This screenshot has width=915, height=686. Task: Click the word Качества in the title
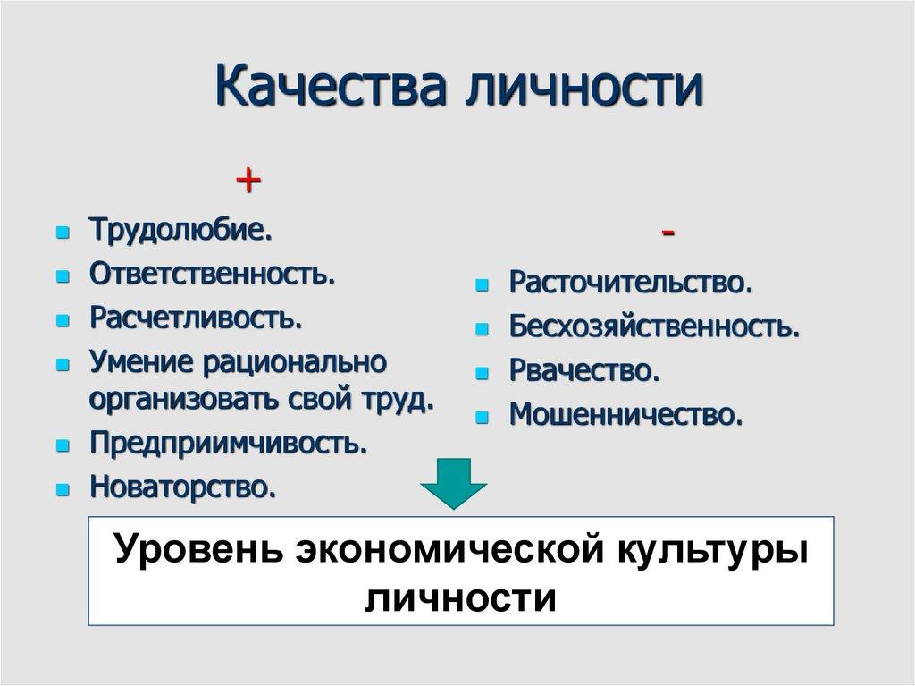pos(330,93)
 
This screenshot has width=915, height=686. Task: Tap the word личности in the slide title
pos(581,93)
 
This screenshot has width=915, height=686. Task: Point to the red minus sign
pos(668,233)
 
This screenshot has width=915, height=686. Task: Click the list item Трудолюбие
pos(180,230)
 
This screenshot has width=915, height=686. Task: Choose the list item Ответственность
pos(212,273)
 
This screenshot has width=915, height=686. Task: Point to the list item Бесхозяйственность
pos(654,326)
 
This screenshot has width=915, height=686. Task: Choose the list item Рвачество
pos(584,370)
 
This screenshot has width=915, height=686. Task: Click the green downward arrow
pos(454,484)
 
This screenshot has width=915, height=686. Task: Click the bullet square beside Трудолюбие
pos(62,232)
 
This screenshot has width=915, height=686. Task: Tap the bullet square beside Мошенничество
pos(483,417)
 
